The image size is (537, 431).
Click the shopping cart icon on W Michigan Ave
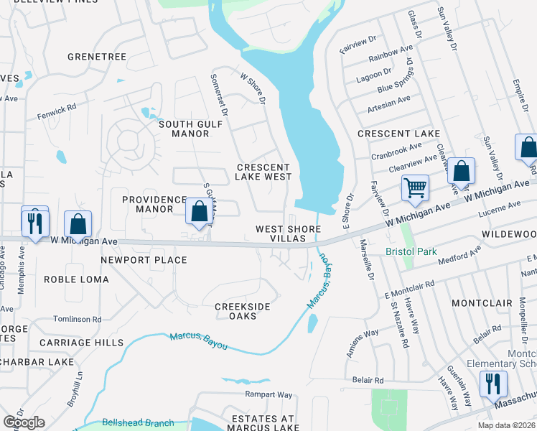415,188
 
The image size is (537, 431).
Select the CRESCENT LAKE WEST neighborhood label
264,172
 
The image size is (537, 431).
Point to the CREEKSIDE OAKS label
243,312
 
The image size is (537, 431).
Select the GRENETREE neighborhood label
96,56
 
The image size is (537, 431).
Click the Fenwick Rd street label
57,112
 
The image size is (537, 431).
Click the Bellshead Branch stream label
138,423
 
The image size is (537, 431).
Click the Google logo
23,422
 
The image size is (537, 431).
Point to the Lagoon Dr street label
375,74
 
